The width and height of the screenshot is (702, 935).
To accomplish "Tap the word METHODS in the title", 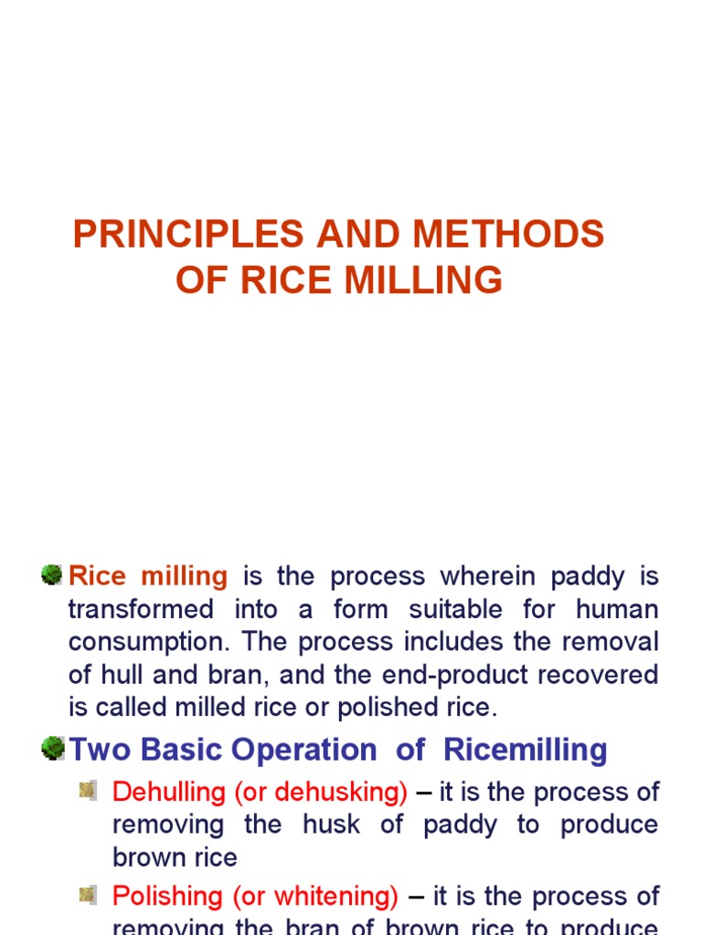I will pos(508,235).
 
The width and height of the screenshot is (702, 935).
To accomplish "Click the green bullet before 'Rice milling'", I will pos(52,575).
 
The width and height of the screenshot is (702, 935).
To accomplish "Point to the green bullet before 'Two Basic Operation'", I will pos(52,750).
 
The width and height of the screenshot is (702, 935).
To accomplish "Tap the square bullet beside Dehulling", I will pos(88,791).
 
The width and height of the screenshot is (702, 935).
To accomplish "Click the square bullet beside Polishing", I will pos(88,895).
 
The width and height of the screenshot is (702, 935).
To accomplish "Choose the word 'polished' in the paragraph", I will pos(384,708).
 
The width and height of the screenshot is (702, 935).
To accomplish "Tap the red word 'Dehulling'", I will pos(169,793).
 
